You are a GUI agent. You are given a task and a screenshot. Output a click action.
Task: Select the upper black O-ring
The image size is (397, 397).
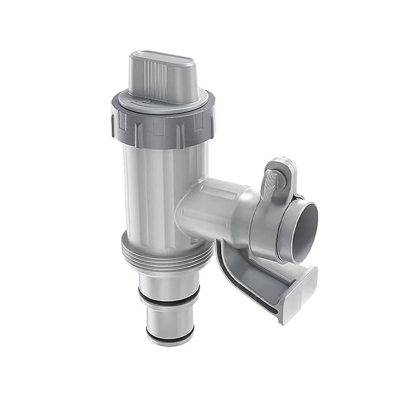(169, 298)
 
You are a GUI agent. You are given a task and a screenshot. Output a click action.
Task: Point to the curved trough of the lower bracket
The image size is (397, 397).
(258, 278)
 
